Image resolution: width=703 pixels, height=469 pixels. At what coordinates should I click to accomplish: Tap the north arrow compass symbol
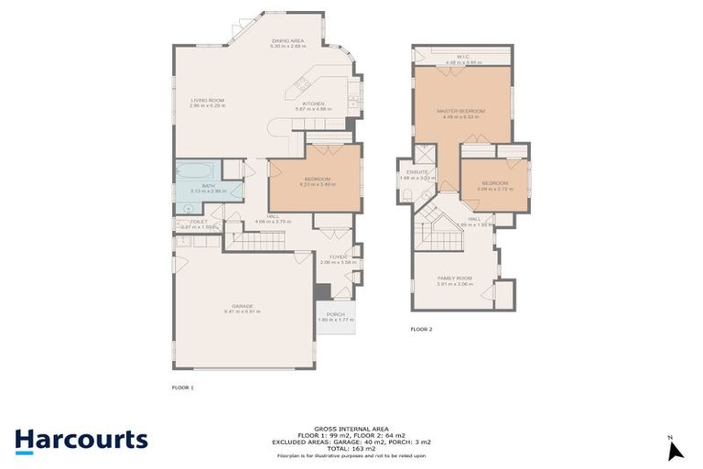[x=676, y=449]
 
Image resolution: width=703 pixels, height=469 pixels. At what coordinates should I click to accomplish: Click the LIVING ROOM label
[x=208, y=102]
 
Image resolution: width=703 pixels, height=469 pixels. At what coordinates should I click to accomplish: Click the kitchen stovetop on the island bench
[x=300, y=86]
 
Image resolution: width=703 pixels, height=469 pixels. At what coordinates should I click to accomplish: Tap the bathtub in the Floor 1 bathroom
[x=196, y=171]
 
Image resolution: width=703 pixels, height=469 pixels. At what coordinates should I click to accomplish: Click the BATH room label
[x=208, y=188]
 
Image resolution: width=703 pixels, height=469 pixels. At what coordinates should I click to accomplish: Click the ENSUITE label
[x=417, y=174]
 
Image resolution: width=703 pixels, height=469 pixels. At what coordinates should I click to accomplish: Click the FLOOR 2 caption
[x=420, y=328]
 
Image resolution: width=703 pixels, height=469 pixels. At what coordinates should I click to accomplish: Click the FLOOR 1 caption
[x=183, y=387]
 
